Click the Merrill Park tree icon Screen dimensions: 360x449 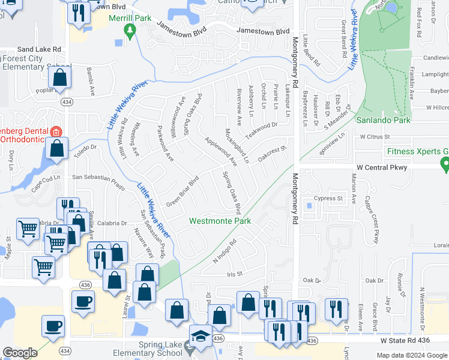point(128,29)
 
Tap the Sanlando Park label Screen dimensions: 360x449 point(383,121)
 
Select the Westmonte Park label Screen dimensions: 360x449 point(220,221)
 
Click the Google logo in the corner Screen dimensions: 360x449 point(20,353)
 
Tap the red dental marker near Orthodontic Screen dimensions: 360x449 point(56,132)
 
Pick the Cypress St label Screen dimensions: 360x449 point(331,198)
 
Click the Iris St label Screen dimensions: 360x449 point(234,274)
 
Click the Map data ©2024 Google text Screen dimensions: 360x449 point(411,355)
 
